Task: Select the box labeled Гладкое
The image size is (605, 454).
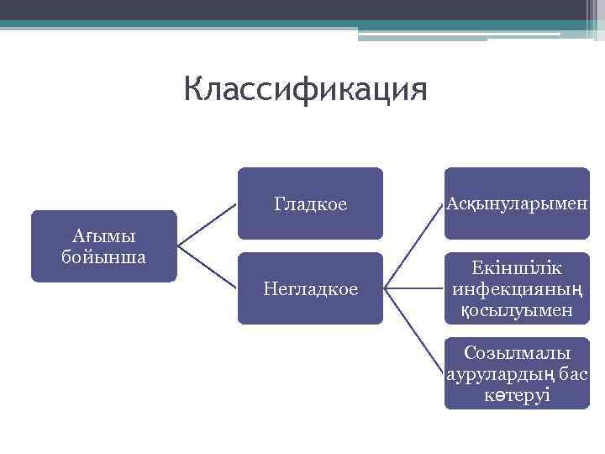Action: point(310,203)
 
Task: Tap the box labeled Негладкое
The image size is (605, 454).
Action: point(310,288)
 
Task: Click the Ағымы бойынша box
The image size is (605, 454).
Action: point(103,245)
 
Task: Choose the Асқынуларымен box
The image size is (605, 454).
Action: point(517,203)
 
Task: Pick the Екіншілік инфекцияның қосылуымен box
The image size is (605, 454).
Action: point(517,288)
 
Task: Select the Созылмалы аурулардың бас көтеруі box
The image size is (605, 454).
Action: point(517,373)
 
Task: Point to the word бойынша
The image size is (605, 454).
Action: point(103,256)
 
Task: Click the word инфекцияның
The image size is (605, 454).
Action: point(518,289)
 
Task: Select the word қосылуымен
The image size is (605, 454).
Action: point(518,310)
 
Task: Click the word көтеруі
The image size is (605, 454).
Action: point(518,394)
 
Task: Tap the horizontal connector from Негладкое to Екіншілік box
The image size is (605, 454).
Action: point(413,288)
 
